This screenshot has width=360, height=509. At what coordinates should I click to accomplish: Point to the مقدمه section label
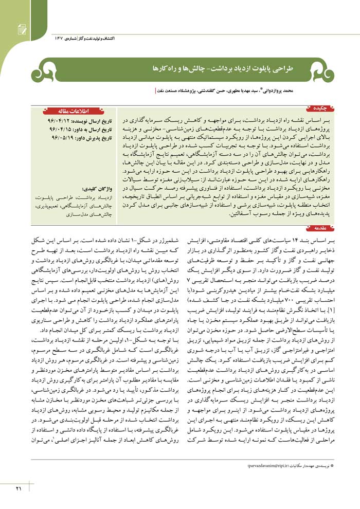320,227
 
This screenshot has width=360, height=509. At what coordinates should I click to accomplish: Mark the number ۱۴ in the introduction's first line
295,241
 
